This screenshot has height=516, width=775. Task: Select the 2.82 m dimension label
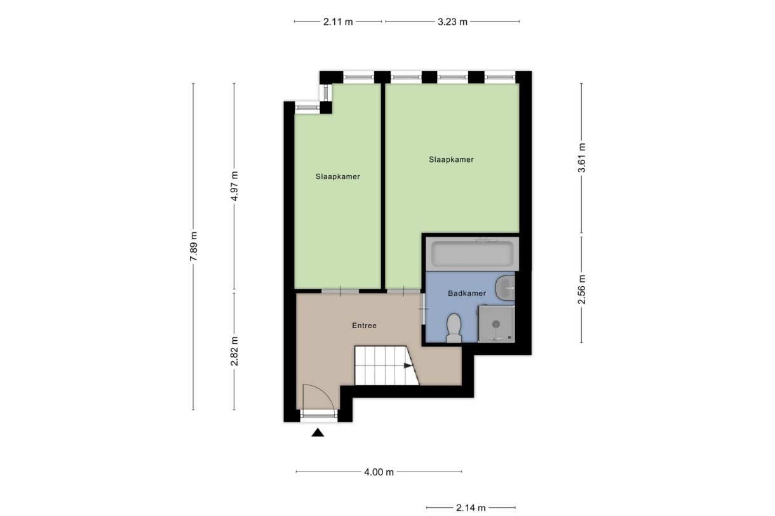[x=234, y=351]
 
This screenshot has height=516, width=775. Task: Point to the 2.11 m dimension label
[x=337, y=22]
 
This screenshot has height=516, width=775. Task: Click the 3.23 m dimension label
[x=452, y=22]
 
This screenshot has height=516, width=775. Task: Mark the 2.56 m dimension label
[x=582, y=289]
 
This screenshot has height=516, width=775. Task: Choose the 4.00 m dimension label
[x=379, y=472]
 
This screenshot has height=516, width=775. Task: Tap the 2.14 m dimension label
[x=471, y=508]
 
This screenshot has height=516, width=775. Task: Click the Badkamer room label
[x=467, y=294]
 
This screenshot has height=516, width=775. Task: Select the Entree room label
[x=364, y=326]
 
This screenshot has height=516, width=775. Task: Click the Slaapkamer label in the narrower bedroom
[x=338, y=177]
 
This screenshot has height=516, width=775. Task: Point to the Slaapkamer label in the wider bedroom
[x=451, y=160]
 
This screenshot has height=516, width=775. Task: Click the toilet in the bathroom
[x=454, y=328]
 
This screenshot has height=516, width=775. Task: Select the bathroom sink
[x=507, y=288]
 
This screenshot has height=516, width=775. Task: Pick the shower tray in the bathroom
[x=495, y=324]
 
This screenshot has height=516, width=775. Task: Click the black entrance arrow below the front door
[x=318, y=433]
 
